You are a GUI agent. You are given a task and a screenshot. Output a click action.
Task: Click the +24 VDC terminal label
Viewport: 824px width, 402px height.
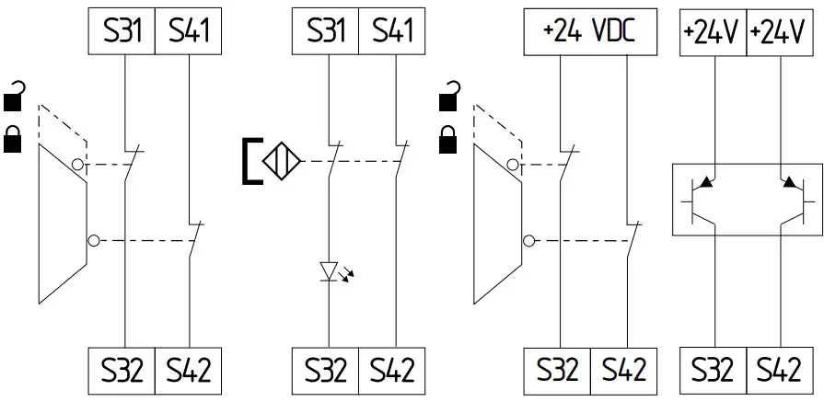[x=590, y=32]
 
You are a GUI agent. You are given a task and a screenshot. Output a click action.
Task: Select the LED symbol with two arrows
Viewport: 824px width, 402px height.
[x=330, y=270]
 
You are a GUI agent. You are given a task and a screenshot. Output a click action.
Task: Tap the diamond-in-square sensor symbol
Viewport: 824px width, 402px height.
[x=283, y=162]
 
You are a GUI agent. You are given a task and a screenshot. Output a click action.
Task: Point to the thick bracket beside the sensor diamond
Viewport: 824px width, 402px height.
[x=249, y=162]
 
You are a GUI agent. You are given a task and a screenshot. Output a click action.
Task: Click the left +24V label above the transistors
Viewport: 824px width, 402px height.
[x=712, y=32]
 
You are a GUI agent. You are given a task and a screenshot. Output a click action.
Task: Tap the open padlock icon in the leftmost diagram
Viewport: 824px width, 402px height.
[x=15, y=93]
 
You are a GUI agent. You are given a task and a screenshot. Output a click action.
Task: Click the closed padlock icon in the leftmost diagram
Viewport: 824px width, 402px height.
[x=15, y=139]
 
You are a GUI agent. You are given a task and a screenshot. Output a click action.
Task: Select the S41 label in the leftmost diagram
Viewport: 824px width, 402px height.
[x=189, y=32]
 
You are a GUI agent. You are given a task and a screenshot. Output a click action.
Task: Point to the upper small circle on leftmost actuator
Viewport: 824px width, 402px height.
[x=77, y=166]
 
